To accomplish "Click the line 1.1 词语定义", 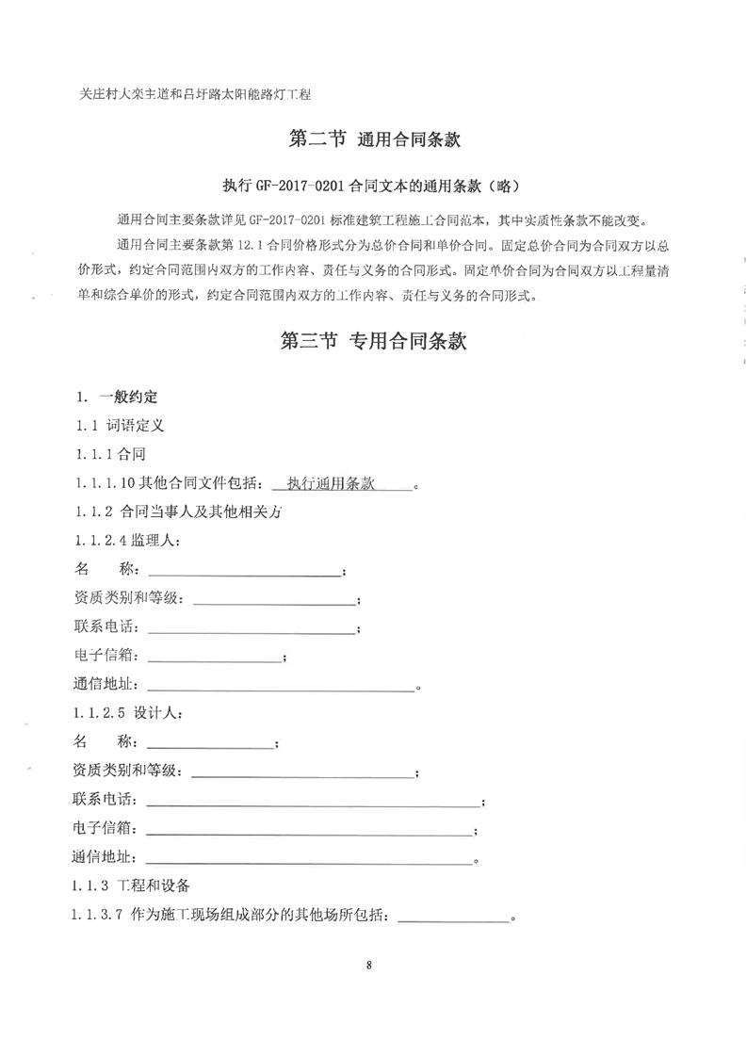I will [120, 425].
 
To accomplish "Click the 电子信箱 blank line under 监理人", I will [215, 658].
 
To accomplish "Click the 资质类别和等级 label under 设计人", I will [127, 772].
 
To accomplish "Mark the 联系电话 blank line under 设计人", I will [313, 803].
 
